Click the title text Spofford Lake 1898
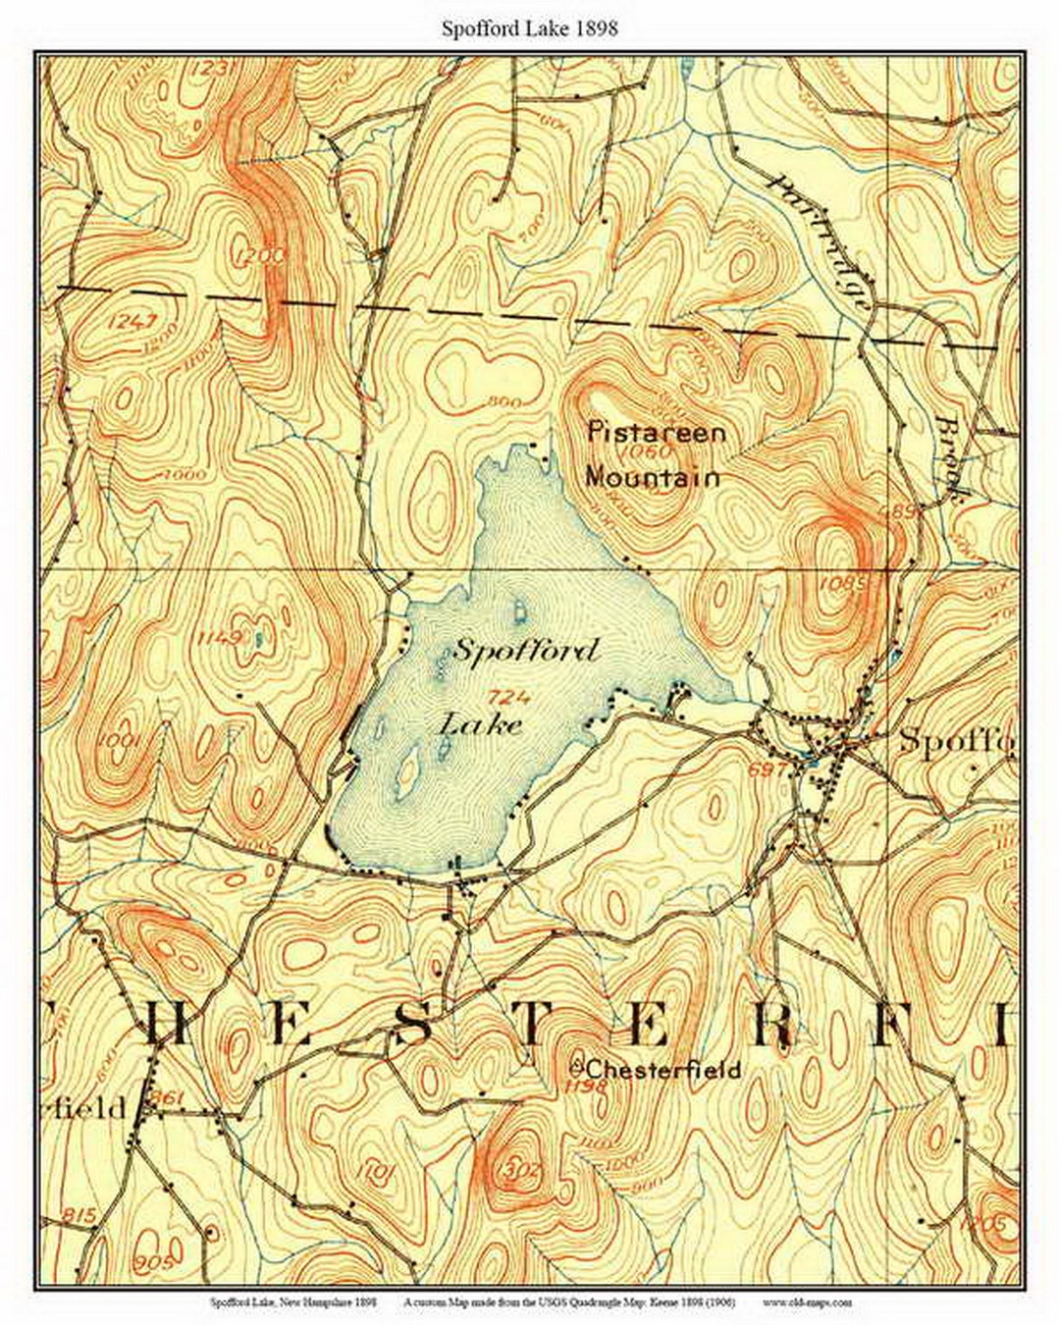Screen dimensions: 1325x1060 tap(529, 28)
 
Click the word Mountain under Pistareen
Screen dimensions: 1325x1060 tap(652, 478)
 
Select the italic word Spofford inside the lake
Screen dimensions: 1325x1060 tap(524, 651)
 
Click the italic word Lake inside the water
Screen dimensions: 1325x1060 tap(479, 725)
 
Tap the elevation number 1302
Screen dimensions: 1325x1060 tap(519, 1170)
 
